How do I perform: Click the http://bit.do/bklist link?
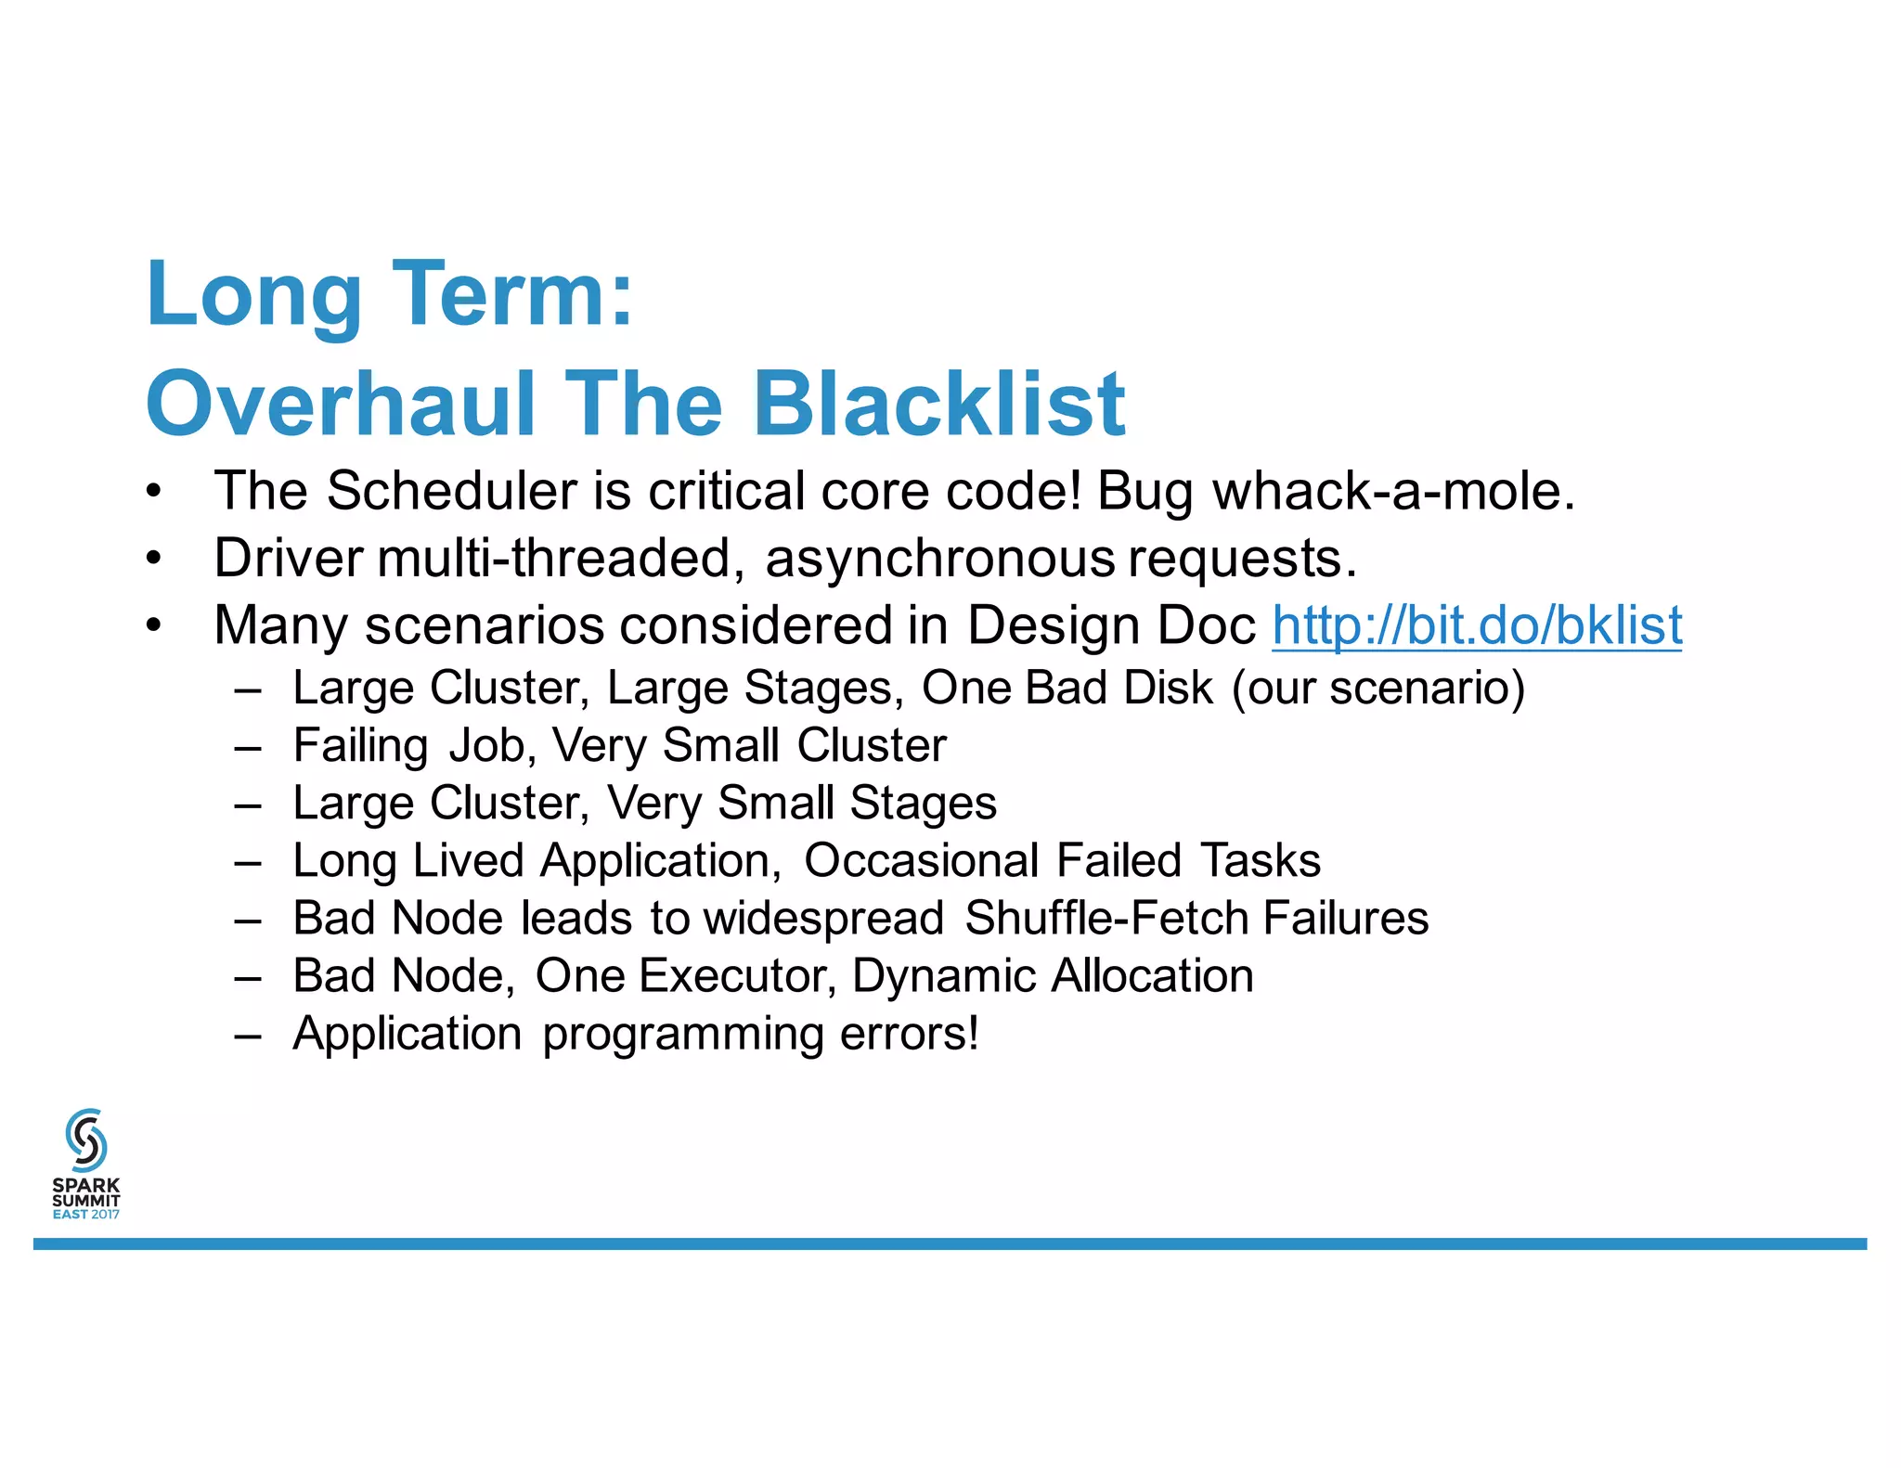tap(1476, 625)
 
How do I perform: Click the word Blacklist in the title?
tap(938, 405)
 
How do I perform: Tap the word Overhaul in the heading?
tap(342, 405)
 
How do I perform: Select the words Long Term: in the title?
tap(390, 295)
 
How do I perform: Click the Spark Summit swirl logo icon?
tap(86, 1140)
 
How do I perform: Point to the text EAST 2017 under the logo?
tap(86, 1214)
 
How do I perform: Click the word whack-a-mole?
tap(1393, 491)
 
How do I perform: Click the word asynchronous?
tap(939, 559)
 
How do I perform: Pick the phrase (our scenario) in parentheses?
tap(1378, 689)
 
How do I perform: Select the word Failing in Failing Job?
tap(360, 746)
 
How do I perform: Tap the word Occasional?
tap(921, 861)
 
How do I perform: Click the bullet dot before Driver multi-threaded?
tap(154, 559)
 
